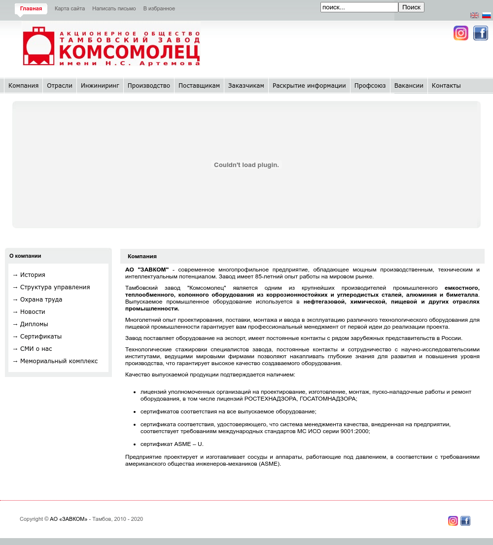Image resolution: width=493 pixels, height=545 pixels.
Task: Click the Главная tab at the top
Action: point(31,8)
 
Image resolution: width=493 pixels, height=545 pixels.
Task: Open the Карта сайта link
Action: point(70,8)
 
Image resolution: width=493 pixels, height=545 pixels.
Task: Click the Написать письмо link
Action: point(114,8)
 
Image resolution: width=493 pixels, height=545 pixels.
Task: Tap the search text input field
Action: point(359,7)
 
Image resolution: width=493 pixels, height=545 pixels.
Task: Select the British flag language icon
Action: point(475,15)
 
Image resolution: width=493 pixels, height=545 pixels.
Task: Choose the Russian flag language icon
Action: point(487,15)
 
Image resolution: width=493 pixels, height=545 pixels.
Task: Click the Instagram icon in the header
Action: point(461,33)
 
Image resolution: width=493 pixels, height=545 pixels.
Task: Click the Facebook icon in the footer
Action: point(465,521)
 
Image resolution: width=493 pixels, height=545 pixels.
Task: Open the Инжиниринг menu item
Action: point(100,86)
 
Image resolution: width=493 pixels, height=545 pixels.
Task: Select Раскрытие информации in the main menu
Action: point(309,86)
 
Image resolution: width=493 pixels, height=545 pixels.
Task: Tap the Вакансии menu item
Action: point(409,86)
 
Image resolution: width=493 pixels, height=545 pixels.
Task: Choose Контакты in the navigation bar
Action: point(446,86)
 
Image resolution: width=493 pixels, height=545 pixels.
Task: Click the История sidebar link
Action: point(33,275)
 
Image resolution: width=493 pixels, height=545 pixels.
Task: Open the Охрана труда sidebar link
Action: point(41,300)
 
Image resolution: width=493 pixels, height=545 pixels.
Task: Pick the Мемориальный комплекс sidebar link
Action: point(59,361)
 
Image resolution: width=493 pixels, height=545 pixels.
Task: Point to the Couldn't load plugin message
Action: point(246,165)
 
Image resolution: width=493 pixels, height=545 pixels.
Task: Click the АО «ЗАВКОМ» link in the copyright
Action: point(69,519)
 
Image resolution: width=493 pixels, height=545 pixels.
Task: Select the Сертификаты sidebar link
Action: point(41,337)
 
